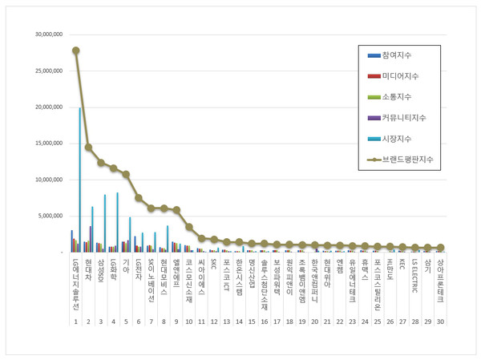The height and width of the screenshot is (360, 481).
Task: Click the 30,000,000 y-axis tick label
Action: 46,35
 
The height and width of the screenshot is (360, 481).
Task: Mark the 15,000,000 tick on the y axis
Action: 46,144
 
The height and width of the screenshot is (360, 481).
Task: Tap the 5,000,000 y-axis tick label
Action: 47,216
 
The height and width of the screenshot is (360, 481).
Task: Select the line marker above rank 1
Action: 75,51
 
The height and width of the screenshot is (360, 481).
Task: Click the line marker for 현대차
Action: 88,148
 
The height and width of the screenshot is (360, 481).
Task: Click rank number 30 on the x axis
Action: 439,322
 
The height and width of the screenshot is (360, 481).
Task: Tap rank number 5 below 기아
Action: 126,322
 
